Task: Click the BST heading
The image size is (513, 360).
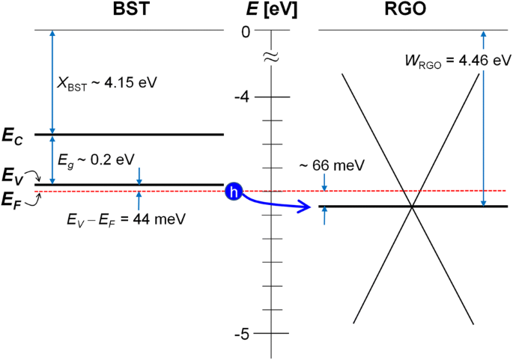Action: (130, 10)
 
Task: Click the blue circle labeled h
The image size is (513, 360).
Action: (234, 193)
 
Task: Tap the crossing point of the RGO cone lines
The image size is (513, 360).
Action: (411, 206)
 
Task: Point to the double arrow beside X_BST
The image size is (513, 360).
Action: (52, 82)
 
